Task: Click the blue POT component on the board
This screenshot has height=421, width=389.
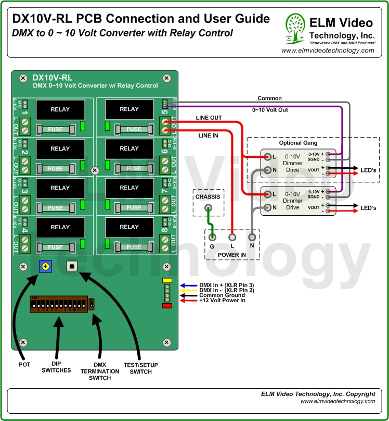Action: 45,267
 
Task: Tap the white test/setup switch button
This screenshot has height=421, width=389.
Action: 72,266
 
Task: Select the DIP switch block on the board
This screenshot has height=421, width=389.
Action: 58,304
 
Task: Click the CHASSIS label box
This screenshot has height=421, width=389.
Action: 208,196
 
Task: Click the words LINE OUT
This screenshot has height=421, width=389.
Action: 209,118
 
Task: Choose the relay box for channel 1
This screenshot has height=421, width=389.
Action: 60,109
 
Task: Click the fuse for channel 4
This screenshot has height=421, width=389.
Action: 60,247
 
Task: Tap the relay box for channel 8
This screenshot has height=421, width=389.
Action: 129,227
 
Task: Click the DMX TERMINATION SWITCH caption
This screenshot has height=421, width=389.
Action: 96,370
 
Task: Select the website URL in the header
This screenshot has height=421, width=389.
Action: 327,51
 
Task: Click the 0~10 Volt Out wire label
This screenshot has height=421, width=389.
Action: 270,110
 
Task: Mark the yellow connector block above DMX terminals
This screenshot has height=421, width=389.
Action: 167,280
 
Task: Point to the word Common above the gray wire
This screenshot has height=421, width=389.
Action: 269,98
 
